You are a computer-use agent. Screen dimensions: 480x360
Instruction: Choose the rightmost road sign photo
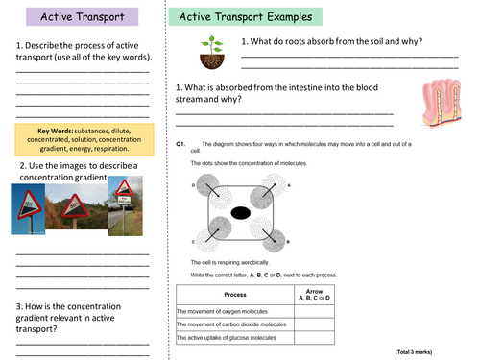coord(124,205)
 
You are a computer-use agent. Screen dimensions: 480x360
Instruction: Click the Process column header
coord(234,294)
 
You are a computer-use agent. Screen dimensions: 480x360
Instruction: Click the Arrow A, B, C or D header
coord(313,294)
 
